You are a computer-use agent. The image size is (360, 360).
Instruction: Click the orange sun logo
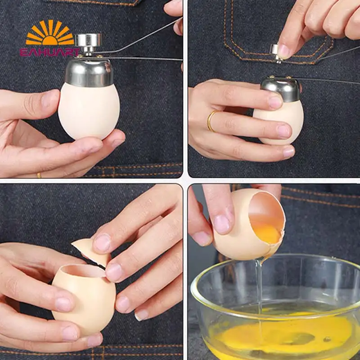coord(50,33)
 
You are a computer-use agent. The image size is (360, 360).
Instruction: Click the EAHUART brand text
coord(50,52)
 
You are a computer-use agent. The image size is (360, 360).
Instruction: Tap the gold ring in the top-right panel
coord(211,121)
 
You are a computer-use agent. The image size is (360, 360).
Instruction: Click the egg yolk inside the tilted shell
coord(268,233)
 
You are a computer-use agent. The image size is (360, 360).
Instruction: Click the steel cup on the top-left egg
coord(89,72)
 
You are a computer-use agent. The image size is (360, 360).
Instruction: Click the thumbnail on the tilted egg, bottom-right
coord(221,224)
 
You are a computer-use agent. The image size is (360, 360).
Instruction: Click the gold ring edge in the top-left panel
coord(39,175)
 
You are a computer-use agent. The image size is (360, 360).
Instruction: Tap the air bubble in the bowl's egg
coord(327,339)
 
